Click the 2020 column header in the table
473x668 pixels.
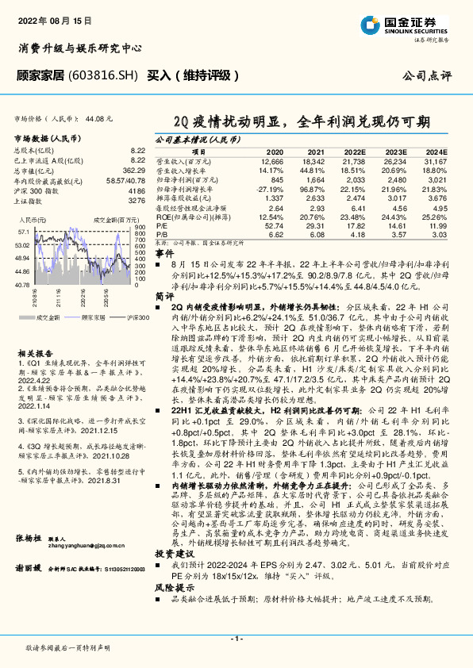click(274, 152)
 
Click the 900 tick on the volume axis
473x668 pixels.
click(140, 226)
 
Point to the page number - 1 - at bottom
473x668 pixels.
click(236, 639)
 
